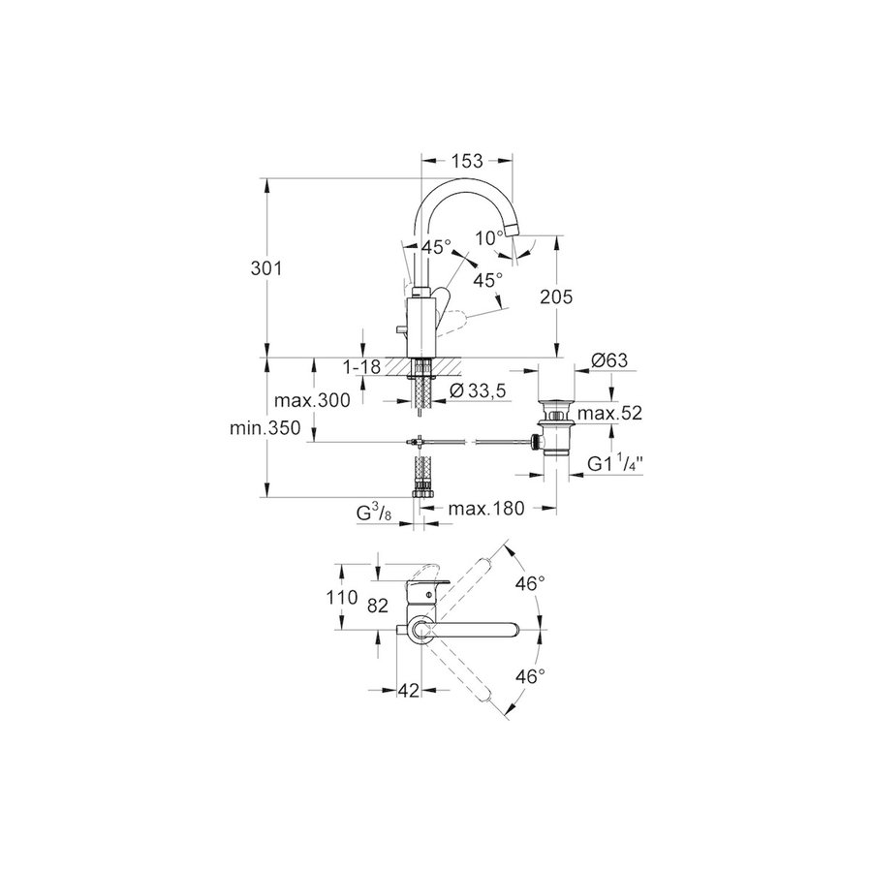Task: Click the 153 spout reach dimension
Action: [x=467, y=161]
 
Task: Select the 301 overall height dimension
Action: [x=266, y=268]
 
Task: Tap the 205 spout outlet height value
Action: [x=556, y=297]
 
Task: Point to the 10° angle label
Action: [x=489, y=238]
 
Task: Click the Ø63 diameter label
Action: [x=609, y=360]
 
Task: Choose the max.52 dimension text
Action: [x=609, y=413]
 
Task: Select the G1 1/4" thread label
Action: [x=615, y=463]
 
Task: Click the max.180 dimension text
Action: [x=486, y=509]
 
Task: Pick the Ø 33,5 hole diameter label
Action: [x=478, y=391]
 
